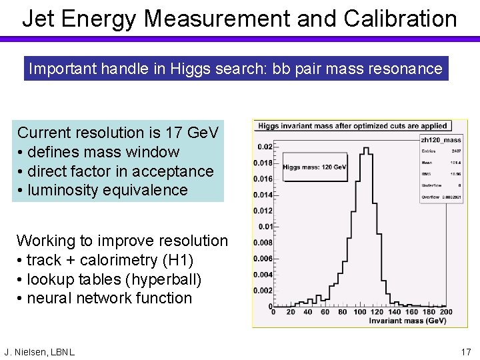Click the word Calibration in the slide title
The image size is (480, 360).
point(401,19)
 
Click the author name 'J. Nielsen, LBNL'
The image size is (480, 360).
point(39,351)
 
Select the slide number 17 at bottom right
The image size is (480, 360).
point(465,351)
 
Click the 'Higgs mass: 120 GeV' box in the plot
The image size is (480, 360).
point(315,167)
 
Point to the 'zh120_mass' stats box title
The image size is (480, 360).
point(441,140)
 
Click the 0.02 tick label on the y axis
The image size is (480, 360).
point(265,147)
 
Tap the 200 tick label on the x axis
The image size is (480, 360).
point(446,311)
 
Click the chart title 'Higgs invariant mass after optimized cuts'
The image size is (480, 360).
point(352,125)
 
